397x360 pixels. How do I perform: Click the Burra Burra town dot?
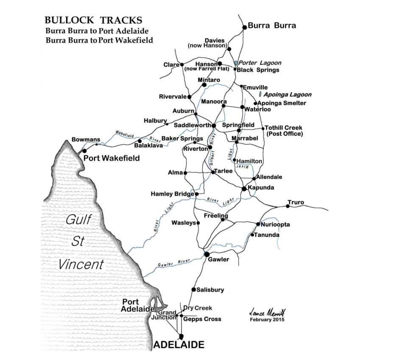(x=244, y=27)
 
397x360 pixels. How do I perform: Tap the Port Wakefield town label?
(x=111, y=158)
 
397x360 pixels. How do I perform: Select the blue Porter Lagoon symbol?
(x=236, y=63)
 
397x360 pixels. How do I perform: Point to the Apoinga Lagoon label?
(x=288, y=95)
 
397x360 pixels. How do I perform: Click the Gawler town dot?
(x=207, y=254)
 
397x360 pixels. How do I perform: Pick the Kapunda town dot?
(x=244, y=188)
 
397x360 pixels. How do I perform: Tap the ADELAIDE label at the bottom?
(x=179, y=345)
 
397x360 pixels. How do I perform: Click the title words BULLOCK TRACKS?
(x=93, y=20)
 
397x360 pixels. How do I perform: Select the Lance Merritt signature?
(x=265, y=312)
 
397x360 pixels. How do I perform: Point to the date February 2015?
(x=267, y=319)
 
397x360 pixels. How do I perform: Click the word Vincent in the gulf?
(x=81, y=264)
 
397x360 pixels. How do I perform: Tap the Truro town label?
(x=296, y=202)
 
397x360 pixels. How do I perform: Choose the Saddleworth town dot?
(x=214, y=126)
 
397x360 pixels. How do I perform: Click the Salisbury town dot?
(x=193, y=290)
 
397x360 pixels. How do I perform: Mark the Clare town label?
(x=171, y=65)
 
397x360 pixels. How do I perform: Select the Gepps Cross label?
(x=202, y=319)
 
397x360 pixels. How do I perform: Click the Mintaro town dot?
(x=204, y=85)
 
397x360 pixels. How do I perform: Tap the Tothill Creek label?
(x=283, y=128)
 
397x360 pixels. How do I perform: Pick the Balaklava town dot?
(x=140, y=141)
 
